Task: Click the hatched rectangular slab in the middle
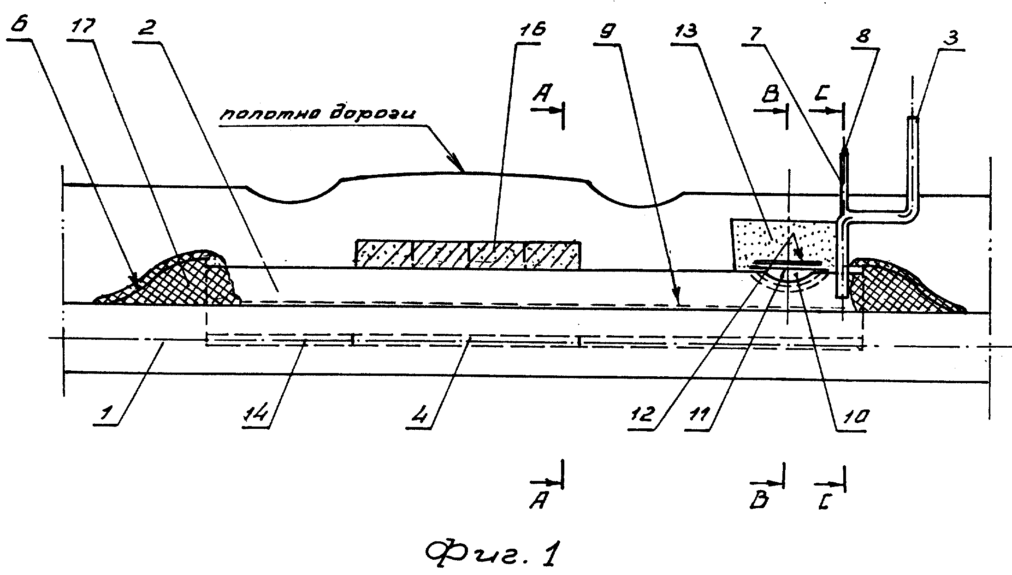click(468, 255)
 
